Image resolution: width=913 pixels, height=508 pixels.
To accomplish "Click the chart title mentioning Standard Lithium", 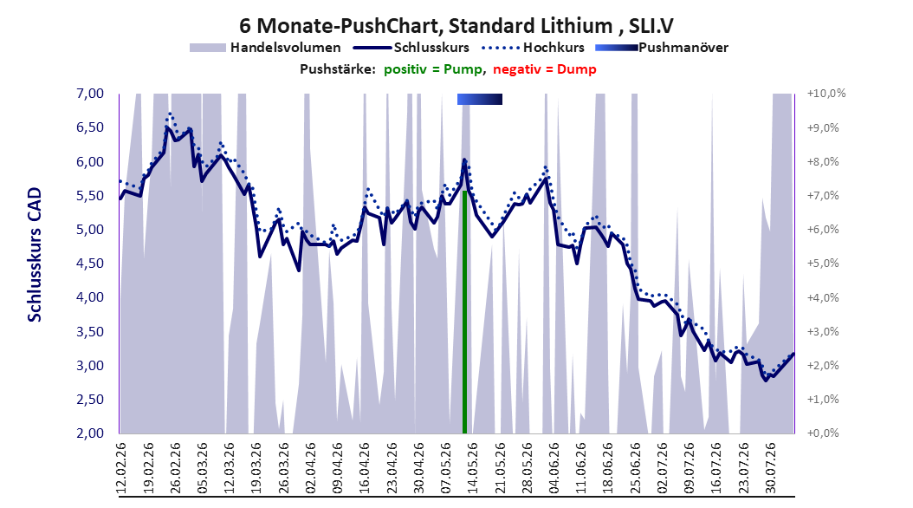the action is [x=456, y=26].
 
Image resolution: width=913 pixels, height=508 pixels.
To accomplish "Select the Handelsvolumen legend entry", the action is [x=266, y=48].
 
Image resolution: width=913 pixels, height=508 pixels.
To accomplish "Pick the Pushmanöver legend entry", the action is [x=662, y=48].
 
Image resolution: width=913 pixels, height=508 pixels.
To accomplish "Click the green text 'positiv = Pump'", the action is [x=433, y=69].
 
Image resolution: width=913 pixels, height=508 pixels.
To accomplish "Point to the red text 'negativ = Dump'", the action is [x=545, y=69].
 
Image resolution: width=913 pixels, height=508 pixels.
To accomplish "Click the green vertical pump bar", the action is [x=464, y=312].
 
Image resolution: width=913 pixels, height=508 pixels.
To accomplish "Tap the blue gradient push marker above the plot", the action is [x=480, y=99].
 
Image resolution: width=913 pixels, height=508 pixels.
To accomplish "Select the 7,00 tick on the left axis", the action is [x=90, y=94].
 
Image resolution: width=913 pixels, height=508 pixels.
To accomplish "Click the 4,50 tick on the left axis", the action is [x=90, y=264].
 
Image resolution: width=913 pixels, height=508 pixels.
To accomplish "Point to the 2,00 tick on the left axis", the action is [x=90, y=433].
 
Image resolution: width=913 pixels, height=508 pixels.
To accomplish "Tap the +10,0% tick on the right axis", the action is [x=826, y=94].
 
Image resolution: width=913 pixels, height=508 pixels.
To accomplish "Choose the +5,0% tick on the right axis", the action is [x=823, y=264].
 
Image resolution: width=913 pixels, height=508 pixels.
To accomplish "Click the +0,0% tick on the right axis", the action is [x=823, y=433].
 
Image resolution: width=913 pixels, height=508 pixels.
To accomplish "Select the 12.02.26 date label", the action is [x=121, y=468].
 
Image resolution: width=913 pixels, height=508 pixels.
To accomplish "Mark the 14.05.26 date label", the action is [x=472, y=468].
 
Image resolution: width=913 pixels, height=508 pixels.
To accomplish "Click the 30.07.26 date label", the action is [x=770, y=468].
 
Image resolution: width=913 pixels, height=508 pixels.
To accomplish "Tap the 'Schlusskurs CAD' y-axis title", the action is [x=35, y=255].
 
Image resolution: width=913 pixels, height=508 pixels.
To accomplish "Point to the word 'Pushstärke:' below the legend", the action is [x=338, y=69].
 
